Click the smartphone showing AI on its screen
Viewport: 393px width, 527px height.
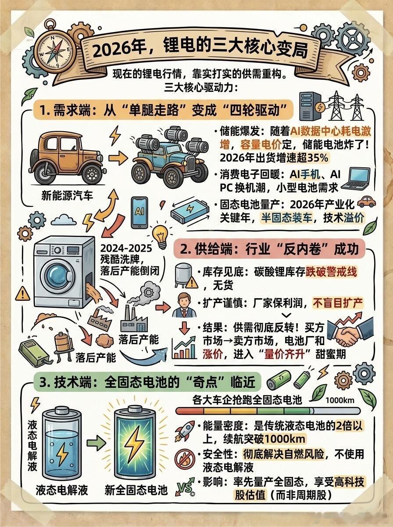[x=139, y=212]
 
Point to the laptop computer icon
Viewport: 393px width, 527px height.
[x=355, y=179]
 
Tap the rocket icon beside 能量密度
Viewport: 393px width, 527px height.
[x=185, y=431]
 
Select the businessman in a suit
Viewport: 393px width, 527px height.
[x=184, y=305]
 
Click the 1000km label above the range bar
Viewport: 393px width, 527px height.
[x=340, y=400]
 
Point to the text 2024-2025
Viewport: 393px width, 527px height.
[x=126, y=248]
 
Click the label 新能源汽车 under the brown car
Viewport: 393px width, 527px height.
[x=67, y=195]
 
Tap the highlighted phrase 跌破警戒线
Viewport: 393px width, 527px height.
[x=331, y=272]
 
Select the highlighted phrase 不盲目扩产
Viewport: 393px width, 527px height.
[x=338, y=303]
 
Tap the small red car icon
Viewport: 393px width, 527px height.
[x=366, y=201]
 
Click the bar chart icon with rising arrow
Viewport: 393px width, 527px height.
[x=185, y=347]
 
